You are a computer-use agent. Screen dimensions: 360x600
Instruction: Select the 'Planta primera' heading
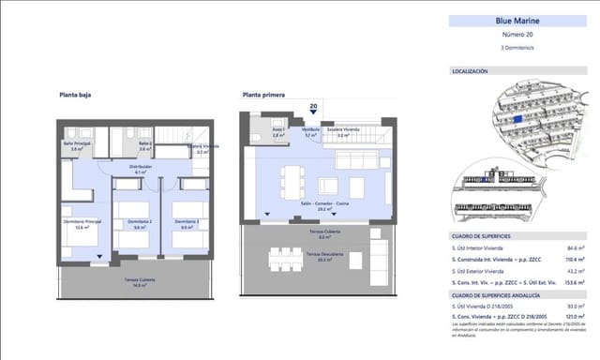click(x=263, y=95)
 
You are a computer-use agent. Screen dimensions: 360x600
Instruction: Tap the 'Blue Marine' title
click(x=514, y=21)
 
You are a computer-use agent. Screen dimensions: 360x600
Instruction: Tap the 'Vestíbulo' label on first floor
click(x=311, y=132)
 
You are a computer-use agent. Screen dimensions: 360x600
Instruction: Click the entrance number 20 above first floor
click(x=313, y=107)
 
